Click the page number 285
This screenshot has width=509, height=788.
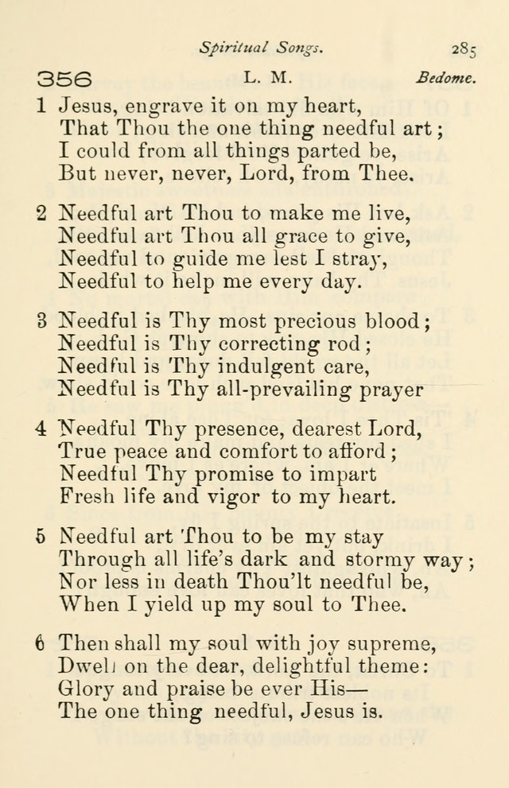click(x=464, y=49)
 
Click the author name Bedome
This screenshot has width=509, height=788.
click(x=445, y=79)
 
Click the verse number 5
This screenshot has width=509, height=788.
click(x=41, y=538)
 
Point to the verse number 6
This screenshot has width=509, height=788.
click(x=41, y=646)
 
